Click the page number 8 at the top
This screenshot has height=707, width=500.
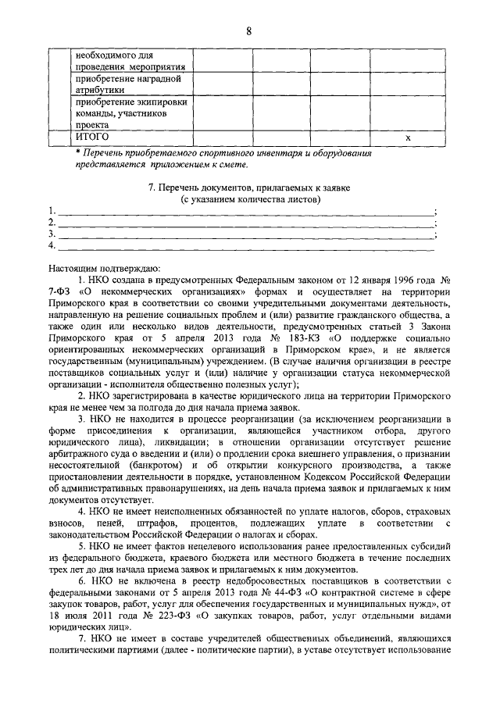pyautogui.click(x=248, y=31)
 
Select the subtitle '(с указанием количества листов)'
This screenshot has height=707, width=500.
pyautogui.click(x=249, y=200)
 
